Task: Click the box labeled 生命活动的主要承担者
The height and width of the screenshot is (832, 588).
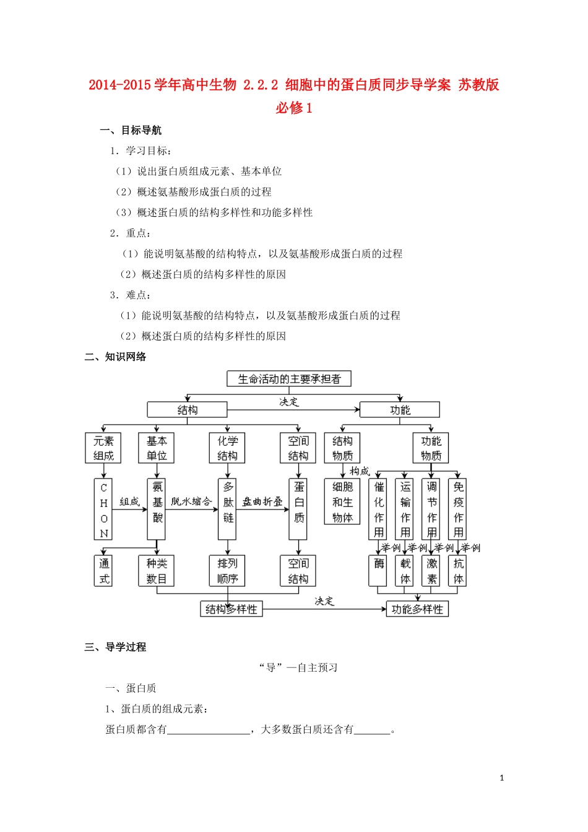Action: pyautogui.click(x=289, y=379)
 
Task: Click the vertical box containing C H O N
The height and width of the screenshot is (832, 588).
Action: pyautogui.click(x=103, y=509)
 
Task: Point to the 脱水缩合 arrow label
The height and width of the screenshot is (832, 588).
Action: pyautogui.click(x=191, y=501)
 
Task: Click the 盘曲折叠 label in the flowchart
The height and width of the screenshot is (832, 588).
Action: pyautogui.click(x=262, y=501)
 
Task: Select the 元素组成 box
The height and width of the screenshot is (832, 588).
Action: pyautogui.click(x=103, y=448)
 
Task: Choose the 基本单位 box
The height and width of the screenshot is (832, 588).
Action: pyautogui.click(x=157, y=448)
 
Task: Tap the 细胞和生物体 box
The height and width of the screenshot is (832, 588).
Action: pyautogui.click(x=342, y=502)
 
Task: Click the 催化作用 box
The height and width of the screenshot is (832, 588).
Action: pyautogui.click(x=379, y=509)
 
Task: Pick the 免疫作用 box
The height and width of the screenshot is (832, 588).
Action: pyautogui.click(x=459, y=509)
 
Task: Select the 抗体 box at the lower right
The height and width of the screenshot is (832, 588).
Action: pyautogui.click(x=459, y=571)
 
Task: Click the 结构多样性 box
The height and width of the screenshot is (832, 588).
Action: pyautogui.click(x=231, y=609)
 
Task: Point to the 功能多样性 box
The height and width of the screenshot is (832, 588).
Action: pyautogui.click(x=417, y=609)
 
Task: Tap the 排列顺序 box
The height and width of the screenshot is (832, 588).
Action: pyautogui.click(x=227, y=571)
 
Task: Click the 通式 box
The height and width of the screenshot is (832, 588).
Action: pyautogui.click(x=103, y=571)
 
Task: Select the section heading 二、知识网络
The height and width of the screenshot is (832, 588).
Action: pyautogui.click(x=115, y=357)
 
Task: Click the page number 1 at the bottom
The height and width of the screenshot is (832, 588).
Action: pyautogui.click(x=502, y=778)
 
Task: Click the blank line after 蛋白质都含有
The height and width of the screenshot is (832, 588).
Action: pyautogui.click(x=209, y=730)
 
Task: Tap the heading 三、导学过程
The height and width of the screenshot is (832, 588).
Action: pyautogui.click(x=115, y=647)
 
